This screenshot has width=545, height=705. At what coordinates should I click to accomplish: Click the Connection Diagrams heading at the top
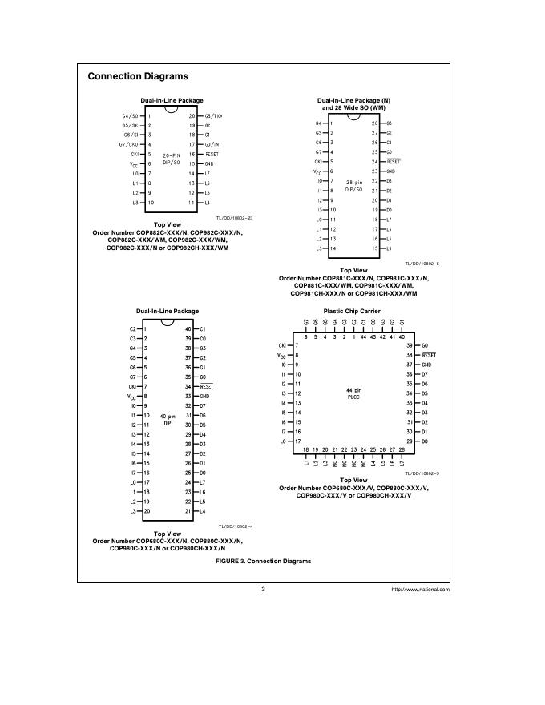pos(137,76)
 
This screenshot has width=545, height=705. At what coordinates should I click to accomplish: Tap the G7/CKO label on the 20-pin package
pos(128,144)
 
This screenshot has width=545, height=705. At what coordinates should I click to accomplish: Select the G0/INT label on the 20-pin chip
pos(213,144)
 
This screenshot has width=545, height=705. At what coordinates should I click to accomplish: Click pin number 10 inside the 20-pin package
pos(150,203)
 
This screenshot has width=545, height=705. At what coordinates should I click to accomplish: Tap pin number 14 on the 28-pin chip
pos(332,248)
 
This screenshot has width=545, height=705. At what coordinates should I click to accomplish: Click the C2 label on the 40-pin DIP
pos(133,329)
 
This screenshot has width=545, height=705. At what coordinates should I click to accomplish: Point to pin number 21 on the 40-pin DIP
pos(188,510)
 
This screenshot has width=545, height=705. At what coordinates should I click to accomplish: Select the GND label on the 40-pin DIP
pos(204,396)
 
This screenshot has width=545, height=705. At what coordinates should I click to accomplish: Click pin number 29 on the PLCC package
pos(409,441)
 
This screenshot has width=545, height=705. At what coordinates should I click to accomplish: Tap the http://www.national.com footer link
pos(420,590)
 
